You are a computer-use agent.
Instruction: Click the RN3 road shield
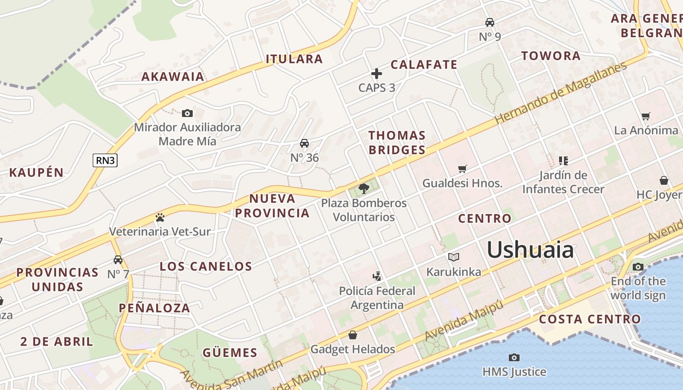(105, 160)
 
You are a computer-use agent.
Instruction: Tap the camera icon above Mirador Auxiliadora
(187, 114)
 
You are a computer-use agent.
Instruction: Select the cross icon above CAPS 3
(377, 74)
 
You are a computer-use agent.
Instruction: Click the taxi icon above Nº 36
(304, 143)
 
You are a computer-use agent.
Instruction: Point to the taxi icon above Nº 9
(489, 22)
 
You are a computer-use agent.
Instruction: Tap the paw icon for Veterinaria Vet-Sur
(160, 217)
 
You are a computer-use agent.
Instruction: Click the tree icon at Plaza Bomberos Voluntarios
(363, 188)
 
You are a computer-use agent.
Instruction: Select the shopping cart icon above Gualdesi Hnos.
(462, 169)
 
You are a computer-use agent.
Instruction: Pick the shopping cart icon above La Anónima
(646, 116)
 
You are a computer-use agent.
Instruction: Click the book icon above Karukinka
(454, 257)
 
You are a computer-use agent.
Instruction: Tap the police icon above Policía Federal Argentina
(377, 276)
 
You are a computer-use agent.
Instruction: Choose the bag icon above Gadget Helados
(353, 335)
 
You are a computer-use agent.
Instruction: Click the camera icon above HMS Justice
(514, 357)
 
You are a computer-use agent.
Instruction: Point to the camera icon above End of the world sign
(638, 267)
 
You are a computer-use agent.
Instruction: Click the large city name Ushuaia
(530, 250)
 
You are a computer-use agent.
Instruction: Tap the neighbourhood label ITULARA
(294, 59)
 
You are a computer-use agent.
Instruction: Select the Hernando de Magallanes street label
(561, 93)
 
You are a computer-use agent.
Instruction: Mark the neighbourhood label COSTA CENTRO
(590, 319)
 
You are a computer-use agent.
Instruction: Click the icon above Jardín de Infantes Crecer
(563, 160)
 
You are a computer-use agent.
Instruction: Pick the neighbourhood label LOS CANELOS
(206, 266)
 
